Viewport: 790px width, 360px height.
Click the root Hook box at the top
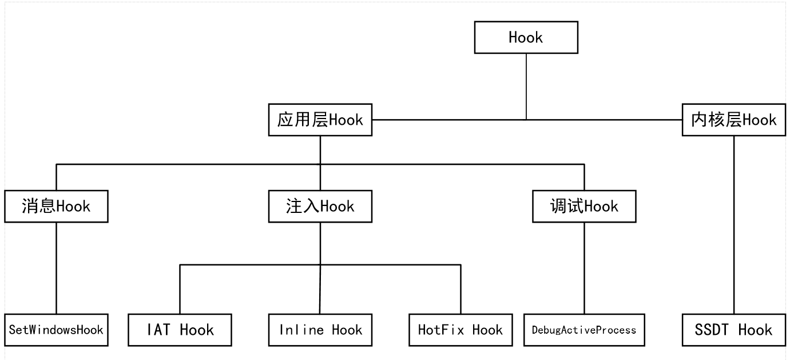pyautogui.click(x=526, y=38)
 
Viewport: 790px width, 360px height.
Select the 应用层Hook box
pyautogui.click(x=320, y=120)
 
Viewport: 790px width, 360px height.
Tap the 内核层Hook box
pyautogui.click(x=734, y=120)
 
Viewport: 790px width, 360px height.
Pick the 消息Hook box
pyautogui.click(x=56, y=206)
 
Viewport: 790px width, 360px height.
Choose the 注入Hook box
pyautogui.click(x=320, y=206)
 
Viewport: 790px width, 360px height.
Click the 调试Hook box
pyautogui.click(x=584, y=206)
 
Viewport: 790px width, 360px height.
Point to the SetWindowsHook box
pyautogui.click(x=56, y=330)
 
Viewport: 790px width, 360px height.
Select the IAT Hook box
pyautogui.click(x=180, y=330)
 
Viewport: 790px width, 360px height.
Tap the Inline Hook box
pyautogui.click(x=320, y=330)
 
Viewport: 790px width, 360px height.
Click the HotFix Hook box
pyautogui.click(x=460, y=330)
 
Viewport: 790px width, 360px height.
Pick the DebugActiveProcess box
pyautogui.click(x=584, y=330)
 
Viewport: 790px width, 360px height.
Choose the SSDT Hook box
pyautogui.click(x=734, y=330)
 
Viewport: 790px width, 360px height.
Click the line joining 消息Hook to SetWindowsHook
pyautogui.click(x=56, y=268)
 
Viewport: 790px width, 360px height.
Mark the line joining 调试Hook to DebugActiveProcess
pyautogui.click(x=584, y=268)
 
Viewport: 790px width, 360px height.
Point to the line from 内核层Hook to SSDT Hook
pyautogui.click(x=734, y=224)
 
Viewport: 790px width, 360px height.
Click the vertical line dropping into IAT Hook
pyautogui.click(x=180, y=289)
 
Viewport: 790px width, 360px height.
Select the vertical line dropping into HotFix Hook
pyautogui.click(x=460, y=289)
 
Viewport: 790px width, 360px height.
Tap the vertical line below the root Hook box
pyautogui.click(x=526, y=86)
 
